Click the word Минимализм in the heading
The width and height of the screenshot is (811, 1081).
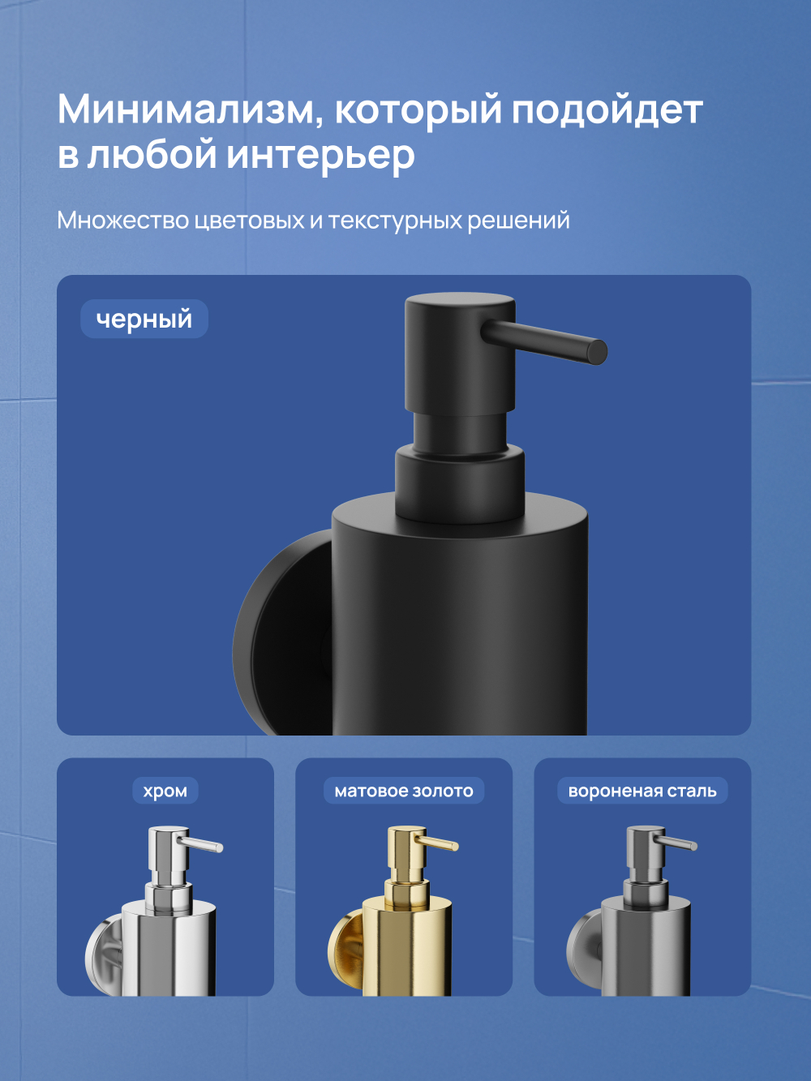coord(185,110)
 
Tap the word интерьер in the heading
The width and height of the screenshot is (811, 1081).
coord(320,156)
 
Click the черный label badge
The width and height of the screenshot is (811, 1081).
coord(144,319)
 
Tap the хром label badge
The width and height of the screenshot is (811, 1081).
coord(165,791)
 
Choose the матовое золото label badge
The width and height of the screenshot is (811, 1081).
coord(404,791)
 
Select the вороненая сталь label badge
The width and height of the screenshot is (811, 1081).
coord(642,791)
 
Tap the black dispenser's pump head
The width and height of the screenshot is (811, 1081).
coord(459,357)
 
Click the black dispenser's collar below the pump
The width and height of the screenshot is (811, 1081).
coord(459,483)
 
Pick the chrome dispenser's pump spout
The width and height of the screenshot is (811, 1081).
coord(203,844)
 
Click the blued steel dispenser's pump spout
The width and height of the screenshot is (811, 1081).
coord(678,843)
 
